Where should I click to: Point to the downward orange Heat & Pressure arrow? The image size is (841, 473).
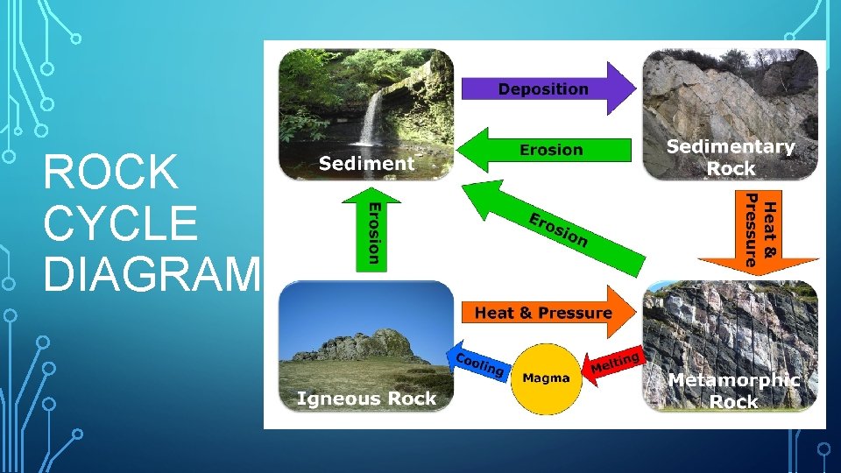point(759,231)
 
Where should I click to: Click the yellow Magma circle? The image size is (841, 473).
point(546,378)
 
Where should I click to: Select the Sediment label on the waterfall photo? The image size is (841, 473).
point(366,162)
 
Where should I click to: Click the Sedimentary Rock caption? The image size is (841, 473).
point(731,158)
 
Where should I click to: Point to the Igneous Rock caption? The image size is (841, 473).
point(366,399)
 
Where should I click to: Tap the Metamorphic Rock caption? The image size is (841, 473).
point(733,391)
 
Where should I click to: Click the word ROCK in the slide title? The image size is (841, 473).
point(110,173)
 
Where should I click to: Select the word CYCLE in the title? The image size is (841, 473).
point(120,224)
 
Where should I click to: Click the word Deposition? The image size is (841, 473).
point(543,88)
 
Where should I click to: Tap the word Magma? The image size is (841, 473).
point(546,378)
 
